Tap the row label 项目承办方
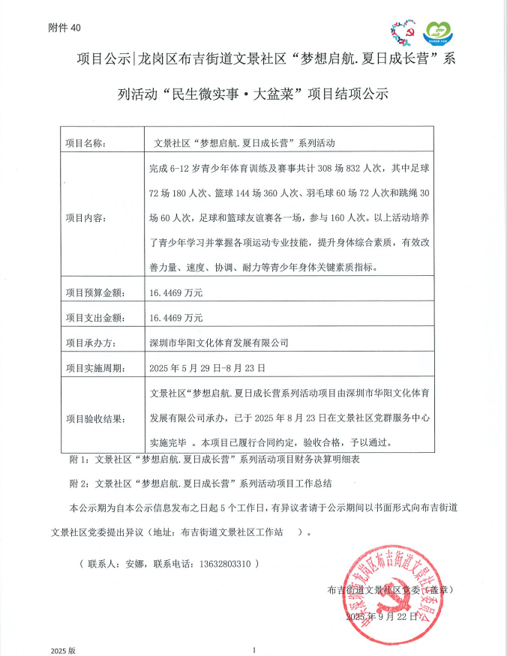tap(90, 343)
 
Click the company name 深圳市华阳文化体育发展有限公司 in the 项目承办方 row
tap(219, 343)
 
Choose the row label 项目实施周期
tap(94, 367)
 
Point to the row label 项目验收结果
tap(94, 418)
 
